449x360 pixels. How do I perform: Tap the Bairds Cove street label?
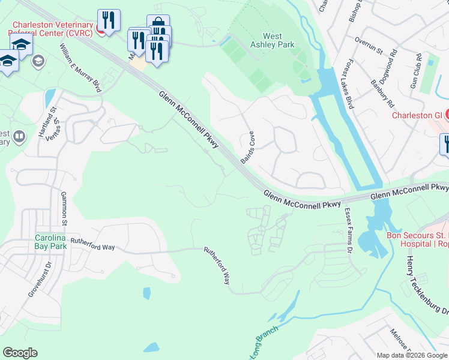[248, 148]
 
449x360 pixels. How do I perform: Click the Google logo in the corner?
[20, 353]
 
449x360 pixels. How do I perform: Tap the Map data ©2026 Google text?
[412, 355]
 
